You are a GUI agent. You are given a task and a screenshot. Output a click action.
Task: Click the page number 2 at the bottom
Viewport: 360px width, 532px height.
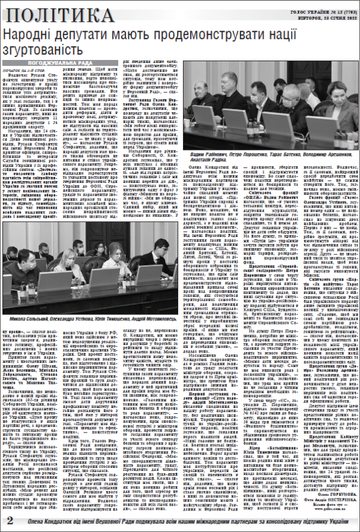point(10,519)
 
